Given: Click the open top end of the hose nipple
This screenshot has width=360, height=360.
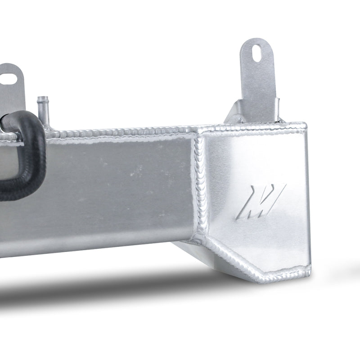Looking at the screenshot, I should (43, 97).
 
